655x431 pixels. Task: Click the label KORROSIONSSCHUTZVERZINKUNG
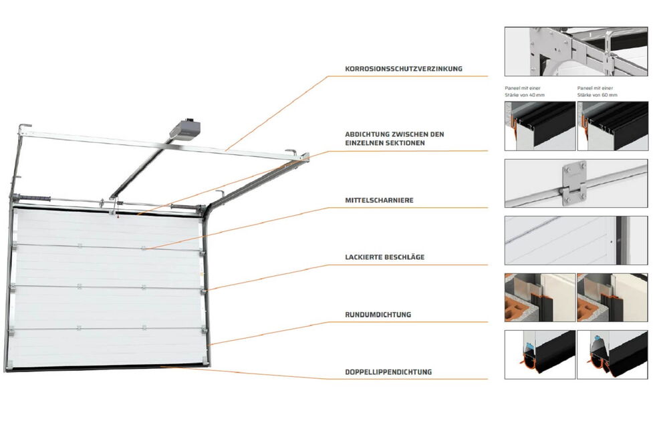click(404, 69)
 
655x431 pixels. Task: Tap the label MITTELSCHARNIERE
click(380, 200)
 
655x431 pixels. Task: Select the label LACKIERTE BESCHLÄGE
click(385, 257)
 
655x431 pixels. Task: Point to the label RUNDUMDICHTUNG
click(378, 315)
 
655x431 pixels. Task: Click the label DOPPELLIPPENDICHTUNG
click(388, 372)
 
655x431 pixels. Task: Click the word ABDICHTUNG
click(367, 134)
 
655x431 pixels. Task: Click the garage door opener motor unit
click(185, 128)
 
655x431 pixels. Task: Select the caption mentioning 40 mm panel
click(525, 92)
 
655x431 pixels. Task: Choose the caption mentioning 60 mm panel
click(598, 92)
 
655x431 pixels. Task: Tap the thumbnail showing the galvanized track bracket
click(576, 51)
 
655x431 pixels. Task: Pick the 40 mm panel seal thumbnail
click(540, 126)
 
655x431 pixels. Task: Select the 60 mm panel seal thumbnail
click(612, 126)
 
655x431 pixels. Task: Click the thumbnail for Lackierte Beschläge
click(576, 240)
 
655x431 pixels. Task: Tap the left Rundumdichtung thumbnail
click(540, 297)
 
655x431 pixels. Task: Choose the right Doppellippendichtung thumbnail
click(612, 355)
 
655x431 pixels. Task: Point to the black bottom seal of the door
click(108, 368)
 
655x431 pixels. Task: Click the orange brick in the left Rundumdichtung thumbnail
click(517, 307)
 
